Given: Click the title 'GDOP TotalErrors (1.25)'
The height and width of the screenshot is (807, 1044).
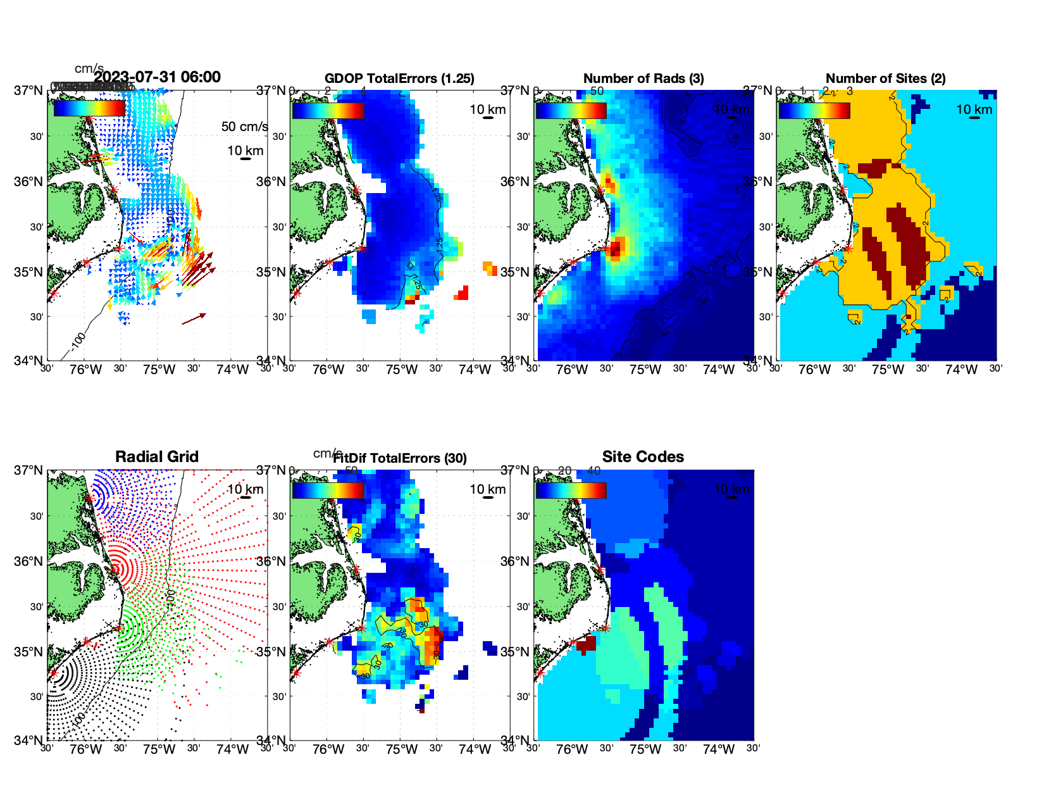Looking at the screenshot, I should click(399, 78).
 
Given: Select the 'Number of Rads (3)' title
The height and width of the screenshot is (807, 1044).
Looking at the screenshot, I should click(643, 78).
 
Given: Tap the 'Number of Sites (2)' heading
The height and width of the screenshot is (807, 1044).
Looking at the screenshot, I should click(885, 78).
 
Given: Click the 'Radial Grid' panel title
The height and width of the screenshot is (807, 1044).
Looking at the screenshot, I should click(157, 457).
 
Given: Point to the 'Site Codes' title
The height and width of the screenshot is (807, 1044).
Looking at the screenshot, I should click(643, 457).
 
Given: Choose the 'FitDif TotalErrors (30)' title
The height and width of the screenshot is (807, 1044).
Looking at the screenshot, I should click(400, 458).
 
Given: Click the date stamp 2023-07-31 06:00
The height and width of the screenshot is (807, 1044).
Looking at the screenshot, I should click(158, 77).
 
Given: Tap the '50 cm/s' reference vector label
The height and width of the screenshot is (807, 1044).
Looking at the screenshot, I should click(244, 127).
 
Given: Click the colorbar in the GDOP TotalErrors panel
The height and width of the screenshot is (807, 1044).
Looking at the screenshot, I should click(328, 110).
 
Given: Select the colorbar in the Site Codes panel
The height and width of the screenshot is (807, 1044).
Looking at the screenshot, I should click(571, 490).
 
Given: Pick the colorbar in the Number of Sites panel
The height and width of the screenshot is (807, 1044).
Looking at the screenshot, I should click(814, 110).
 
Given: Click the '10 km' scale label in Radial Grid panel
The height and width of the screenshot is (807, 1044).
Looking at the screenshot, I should click(245, 489).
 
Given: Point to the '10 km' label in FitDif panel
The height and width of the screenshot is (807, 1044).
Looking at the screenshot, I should click(487, 489).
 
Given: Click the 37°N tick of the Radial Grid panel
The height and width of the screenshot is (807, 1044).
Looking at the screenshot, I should click(28, 470).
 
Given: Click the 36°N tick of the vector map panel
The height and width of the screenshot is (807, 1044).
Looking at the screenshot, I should click(28, 182).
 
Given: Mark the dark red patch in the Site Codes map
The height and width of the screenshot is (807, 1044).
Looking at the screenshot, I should click(587, 645).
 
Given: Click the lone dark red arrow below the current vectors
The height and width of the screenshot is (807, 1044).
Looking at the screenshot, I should click(194, 318).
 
